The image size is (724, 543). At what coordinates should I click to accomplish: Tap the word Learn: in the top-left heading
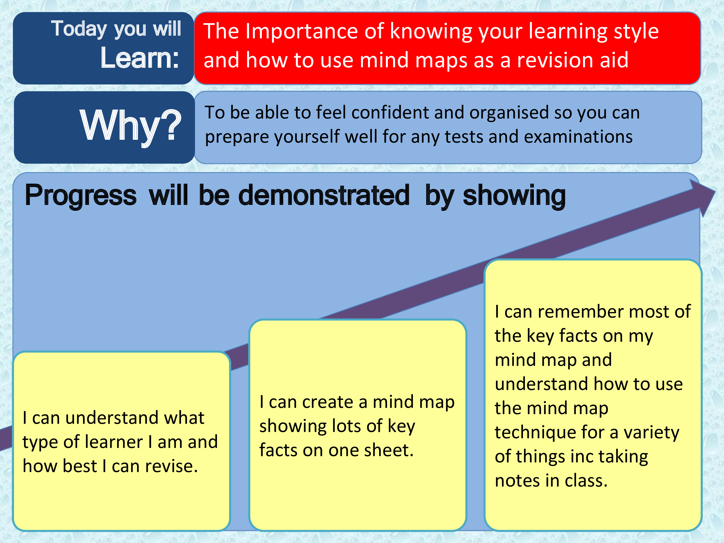140,58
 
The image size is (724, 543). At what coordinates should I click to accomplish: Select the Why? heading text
130,125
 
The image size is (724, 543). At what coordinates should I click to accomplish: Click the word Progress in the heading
81,196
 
